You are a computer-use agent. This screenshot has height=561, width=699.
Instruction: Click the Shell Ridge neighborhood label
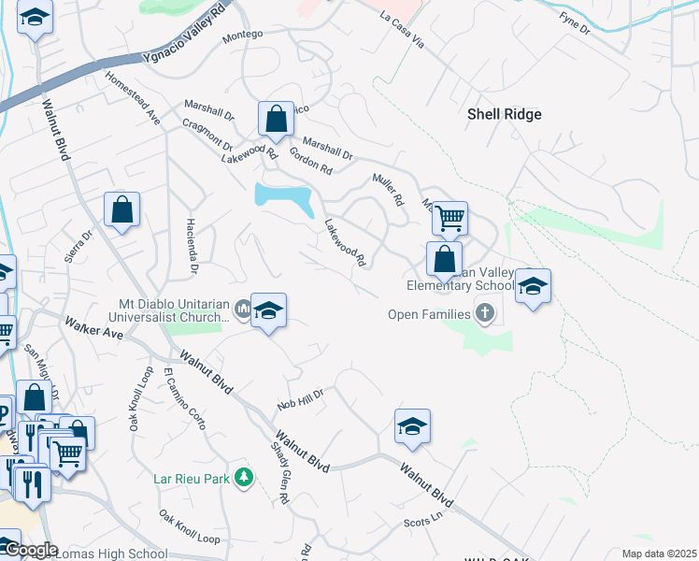point(504,114)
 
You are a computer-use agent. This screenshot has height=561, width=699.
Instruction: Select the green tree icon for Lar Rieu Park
point(244,478)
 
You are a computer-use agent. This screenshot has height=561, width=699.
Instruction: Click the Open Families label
point(430,313)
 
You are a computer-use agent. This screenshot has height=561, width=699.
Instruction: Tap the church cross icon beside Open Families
point(484,311)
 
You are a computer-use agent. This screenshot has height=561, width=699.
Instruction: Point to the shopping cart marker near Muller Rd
point(449,219)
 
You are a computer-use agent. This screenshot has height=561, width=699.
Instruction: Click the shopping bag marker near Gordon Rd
point(276,119)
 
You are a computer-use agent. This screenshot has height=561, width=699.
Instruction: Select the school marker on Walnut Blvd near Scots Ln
point(412,426)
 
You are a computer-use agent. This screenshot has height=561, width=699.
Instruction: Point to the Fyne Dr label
point(575,23)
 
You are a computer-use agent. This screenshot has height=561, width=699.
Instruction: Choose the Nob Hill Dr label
point(300,399)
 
